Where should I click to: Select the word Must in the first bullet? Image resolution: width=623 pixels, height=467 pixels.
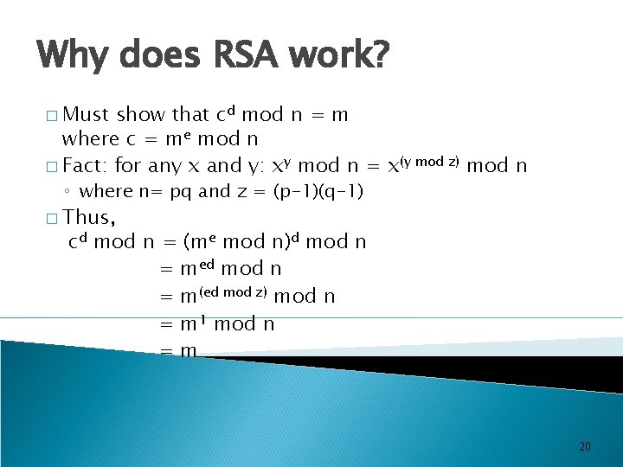(x=87, y=114)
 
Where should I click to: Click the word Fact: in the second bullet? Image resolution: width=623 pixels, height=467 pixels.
(x=86, y=164)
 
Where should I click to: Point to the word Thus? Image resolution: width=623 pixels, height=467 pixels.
(x=91, y=216)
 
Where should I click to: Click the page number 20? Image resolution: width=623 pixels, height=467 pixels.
(x=584, y=446)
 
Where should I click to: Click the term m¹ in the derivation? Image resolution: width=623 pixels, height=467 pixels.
(x=193, y=323)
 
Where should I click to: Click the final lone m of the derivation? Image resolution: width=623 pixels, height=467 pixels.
(x=189, y=350)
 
